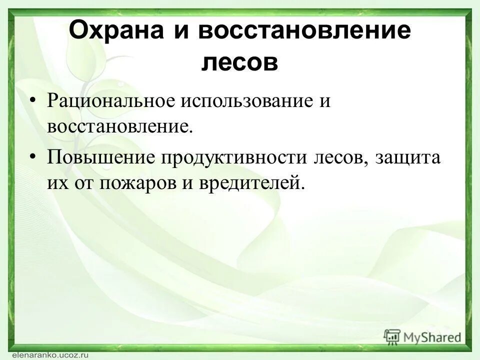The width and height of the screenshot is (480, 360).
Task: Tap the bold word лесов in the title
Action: coord(239,63)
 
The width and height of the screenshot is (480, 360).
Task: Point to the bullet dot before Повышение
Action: coord(33,157)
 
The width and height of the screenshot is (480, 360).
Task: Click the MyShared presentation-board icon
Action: coord(392,337)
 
